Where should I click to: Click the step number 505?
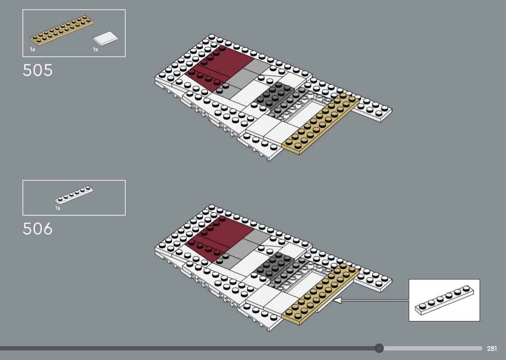pyautogui.click(x=38, y=70)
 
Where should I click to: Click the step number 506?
pyautogui.click(x=38, y=229)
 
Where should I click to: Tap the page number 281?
pyautogui.click(x=492, y=349)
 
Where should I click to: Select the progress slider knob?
pyautogui.click(x=379, y=348)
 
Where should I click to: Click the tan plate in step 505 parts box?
pyautogui.click(x=62, y=30)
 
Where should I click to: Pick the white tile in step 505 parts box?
pyautogui.click(x=106, y=38)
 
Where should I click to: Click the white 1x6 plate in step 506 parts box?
pyautogui.click(x=74, y=195)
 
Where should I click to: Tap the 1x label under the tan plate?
pyautogui.click(x=32, y=49)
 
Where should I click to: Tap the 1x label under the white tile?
pyautogui.click(x=96, y=49)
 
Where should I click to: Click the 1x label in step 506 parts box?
pyautogui.click(x=58, y=208)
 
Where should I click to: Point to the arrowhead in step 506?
pyautogui.click(x=337, y=300)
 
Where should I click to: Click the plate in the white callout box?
pyautogui.click(x=444, y=300)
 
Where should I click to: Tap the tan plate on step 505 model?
pyautogui.click(x=320, y=124)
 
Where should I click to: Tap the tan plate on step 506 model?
pyautogui.click(x=320, y=294)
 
